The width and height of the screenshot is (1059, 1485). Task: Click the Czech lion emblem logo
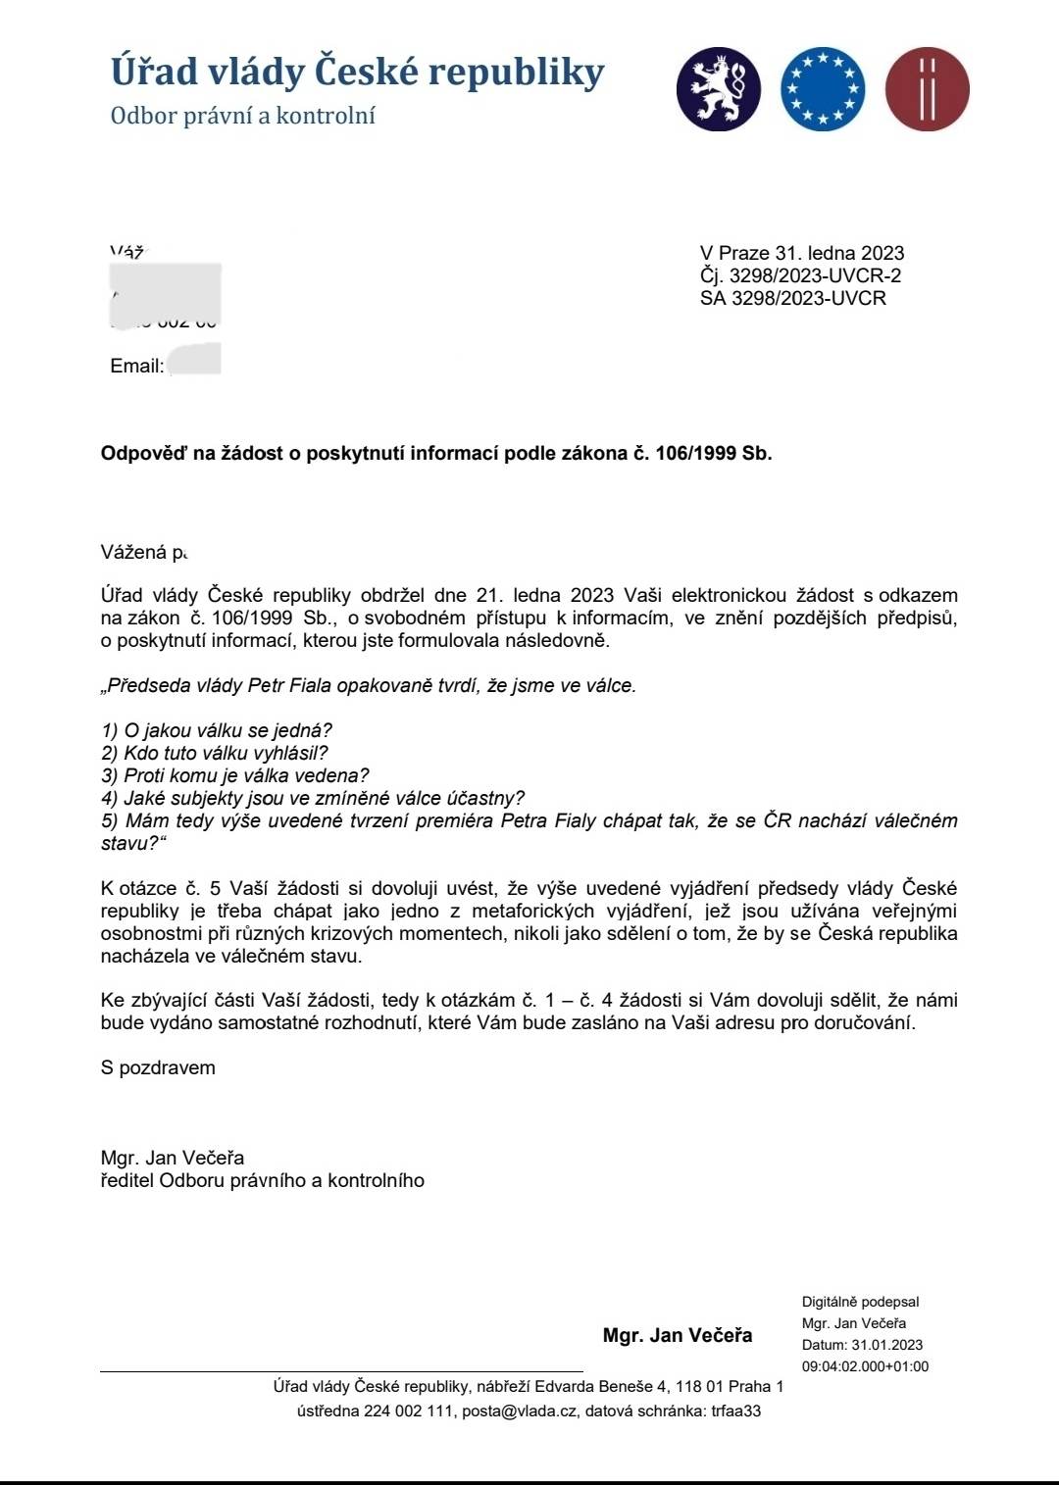point(718,89)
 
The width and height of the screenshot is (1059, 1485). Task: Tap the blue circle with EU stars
point(823,89)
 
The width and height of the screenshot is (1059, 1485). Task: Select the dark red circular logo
point(927,89)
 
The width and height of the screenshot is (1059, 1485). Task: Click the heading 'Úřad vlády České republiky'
point(357,73)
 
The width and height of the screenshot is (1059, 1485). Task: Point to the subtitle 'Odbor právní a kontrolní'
point(242,116)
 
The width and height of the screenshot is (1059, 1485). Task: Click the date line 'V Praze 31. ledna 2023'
point(801,253)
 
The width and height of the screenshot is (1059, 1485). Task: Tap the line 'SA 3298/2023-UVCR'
point(792,298)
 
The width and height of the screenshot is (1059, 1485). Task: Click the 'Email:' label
point(136,366)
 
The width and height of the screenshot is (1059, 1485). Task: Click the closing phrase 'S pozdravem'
point(158,1067)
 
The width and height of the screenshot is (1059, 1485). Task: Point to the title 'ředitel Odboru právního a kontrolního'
point(262,1180)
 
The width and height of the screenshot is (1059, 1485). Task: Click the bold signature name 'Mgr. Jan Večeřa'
point(678,1335)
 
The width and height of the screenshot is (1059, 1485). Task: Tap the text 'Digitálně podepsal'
point(860,1302)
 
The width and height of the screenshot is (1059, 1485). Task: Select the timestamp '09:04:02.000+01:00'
point(865,1366)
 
